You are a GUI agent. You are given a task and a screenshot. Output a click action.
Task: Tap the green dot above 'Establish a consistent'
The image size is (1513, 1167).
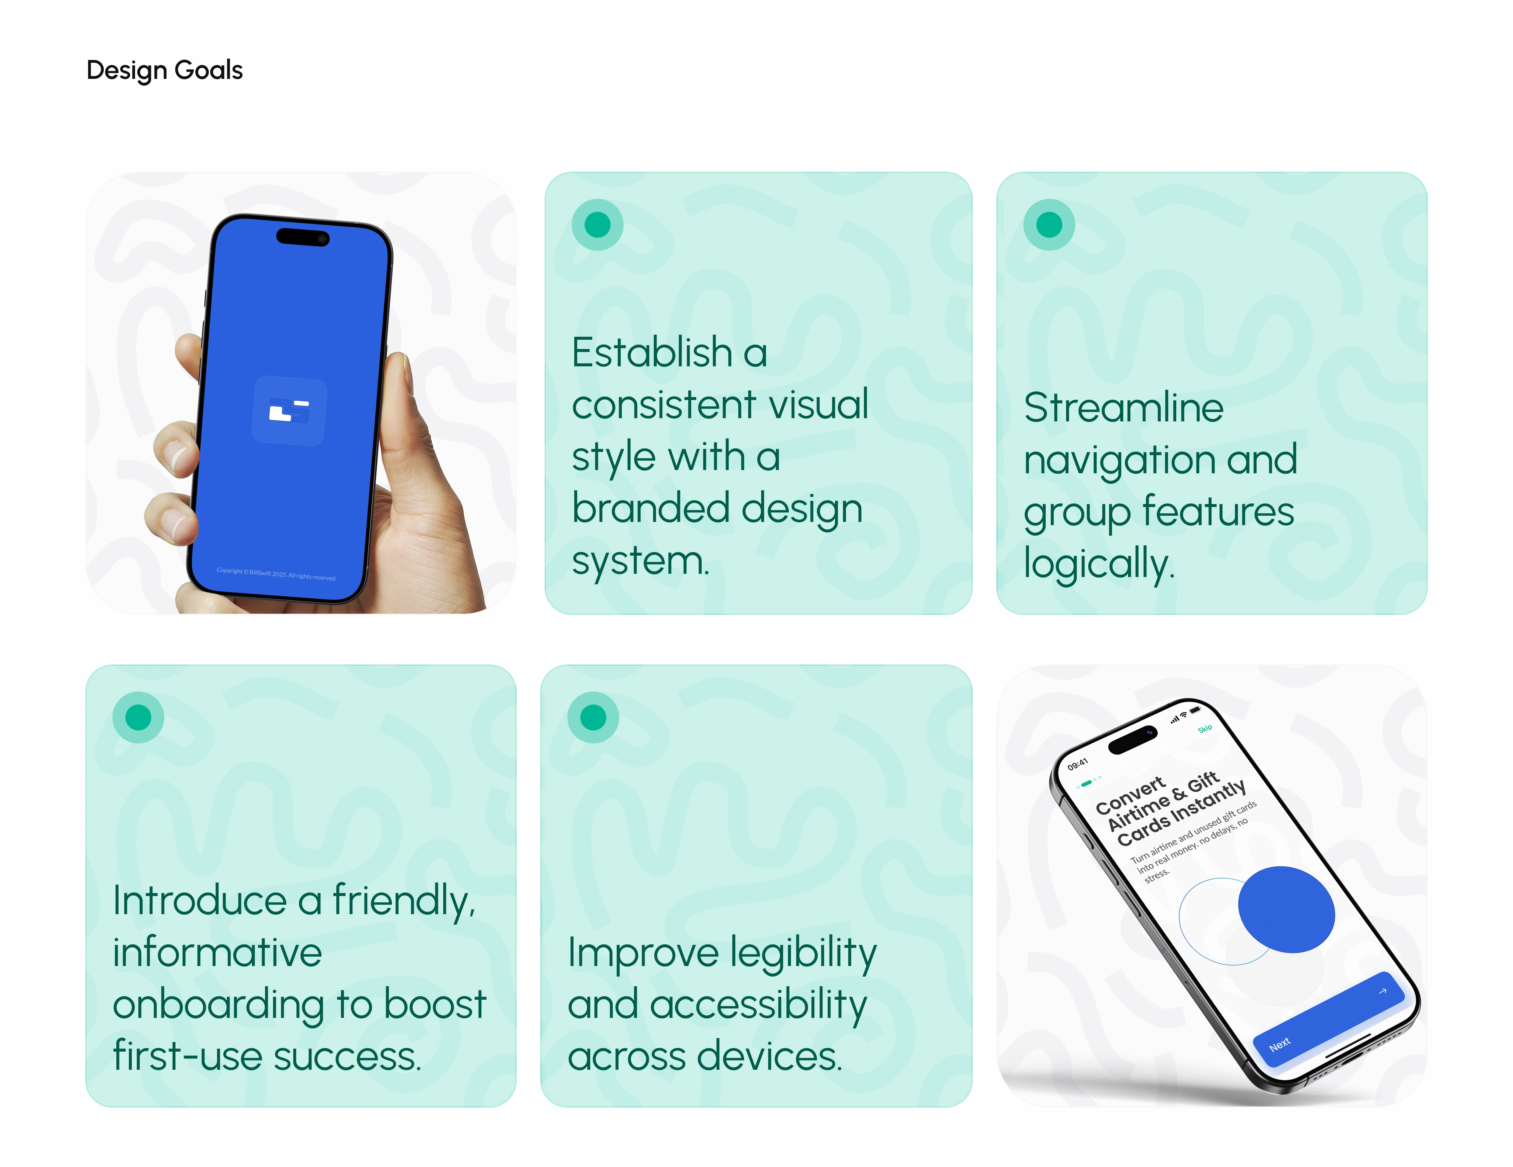[597, 224]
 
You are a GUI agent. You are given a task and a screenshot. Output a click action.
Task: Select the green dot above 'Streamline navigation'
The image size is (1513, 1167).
[1049, 224]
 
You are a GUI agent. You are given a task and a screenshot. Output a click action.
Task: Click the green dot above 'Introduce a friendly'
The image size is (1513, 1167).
[138, 717]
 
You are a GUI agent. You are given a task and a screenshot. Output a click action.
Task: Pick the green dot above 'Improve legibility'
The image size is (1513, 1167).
[593, 717]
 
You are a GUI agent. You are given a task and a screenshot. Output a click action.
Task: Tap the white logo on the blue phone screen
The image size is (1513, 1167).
[289, 411]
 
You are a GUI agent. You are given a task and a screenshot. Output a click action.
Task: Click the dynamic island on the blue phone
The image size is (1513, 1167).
[303, 237]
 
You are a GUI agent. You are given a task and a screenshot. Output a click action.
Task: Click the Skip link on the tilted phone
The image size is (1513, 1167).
[1206, 729]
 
